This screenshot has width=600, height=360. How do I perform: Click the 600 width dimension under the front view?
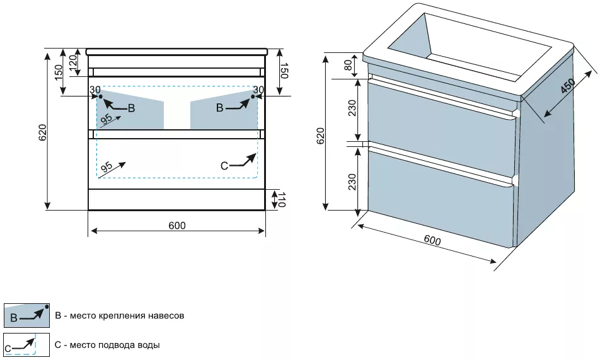(x=177, y=226)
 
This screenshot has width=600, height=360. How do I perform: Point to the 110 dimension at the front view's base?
(x=282, y=200)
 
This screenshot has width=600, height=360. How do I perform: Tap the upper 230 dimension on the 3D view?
(x=352, y=108)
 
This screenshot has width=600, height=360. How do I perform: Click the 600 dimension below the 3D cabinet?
(x=432, y=241)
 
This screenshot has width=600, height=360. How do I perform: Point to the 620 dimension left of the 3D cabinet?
(x=320, y=137)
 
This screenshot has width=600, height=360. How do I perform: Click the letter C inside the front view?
(x=224, y=166)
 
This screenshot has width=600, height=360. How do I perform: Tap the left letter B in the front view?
(x=131, y=108)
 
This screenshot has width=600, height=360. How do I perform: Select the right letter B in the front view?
(x=219, y=108)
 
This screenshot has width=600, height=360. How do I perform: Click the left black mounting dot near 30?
(x=101, y=96)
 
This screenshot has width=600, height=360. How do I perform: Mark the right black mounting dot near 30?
(x=253, y=96)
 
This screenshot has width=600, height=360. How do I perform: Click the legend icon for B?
(x=26, y=315)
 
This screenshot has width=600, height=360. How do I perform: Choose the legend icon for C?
(x=26, y=345)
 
